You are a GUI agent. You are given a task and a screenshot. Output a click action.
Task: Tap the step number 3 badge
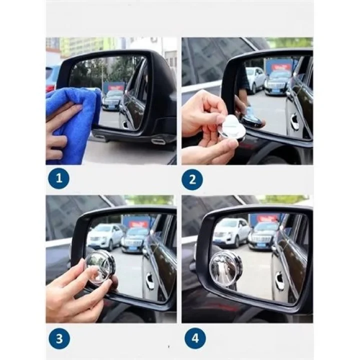58,338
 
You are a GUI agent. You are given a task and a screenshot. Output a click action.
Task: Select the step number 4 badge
195,338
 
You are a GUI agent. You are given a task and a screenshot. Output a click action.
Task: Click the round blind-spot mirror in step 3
99,267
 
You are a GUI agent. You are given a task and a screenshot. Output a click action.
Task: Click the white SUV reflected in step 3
105,236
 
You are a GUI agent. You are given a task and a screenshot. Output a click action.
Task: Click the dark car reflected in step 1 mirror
112,99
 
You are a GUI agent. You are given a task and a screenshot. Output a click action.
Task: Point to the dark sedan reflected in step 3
136,237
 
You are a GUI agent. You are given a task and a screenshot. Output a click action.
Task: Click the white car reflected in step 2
256,77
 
